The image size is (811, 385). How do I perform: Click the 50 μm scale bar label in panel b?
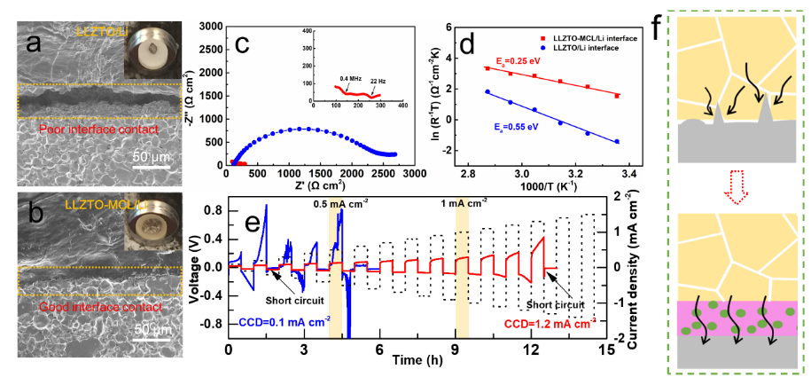tap(152, 328)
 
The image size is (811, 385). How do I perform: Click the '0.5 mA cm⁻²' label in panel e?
tap(339, 203)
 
